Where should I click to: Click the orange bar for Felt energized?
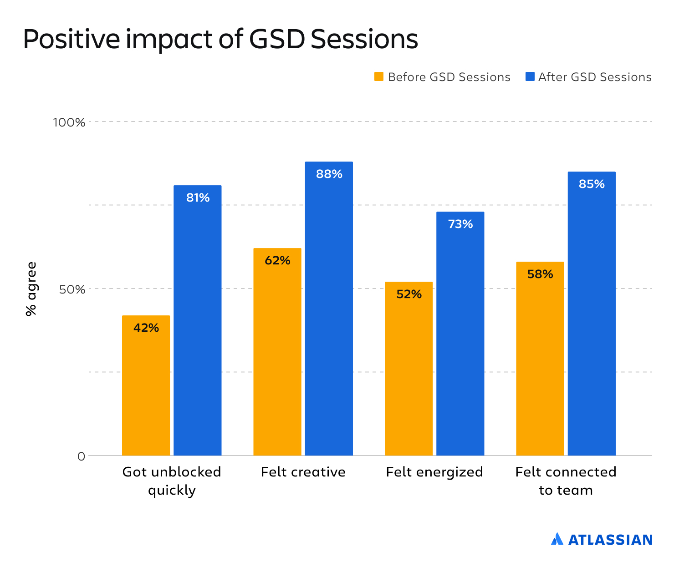pos(408,368)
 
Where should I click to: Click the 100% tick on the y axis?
pos(69,122)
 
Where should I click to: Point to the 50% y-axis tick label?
pos(72,289)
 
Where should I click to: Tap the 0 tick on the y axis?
pos(81,456)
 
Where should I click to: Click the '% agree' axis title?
pos(31,289)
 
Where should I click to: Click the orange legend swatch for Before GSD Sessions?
pos(379,76)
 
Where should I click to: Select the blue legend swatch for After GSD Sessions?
pos(530,76)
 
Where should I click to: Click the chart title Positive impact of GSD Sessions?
pos(220,39)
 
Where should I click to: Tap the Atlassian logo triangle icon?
pos(557,539)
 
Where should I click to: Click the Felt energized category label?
pos(434,472)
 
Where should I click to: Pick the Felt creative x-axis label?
pos(303,472)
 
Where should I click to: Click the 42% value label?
pos(146,328)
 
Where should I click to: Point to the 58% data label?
pos(540,274)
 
